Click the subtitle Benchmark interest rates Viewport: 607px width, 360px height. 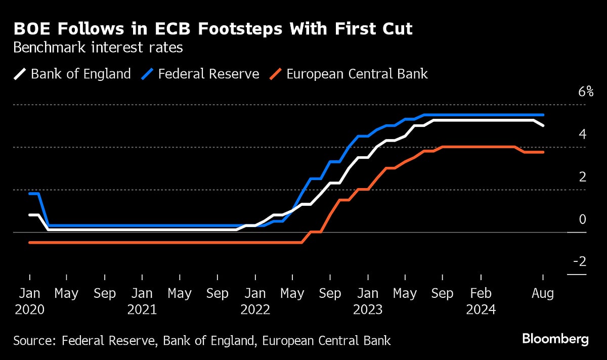pyautogui.click(x=98, y=49)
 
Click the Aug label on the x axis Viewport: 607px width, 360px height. pyautogui.click(x=543, y=293)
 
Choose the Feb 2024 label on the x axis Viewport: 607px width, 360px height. pyautogui.click(x=480, y=301)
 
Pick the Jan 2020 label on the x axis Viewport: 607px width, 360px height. pyautogui.click(x=29, y=301)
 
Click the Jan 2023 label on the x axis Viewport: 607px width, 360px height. pyautogui.click(x=368, y=301)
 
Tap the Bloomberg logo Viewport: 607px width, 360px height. pyautogui.click(x=555, y=339)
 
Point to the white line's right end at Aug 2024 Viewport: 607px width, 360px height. pyautogui.click(x=543, y=125)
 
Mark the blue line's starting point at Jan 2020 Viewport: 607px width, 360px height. pyautogui.click(x=30, y=194)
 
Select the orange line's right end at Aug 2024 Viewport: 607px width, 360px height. pyautogui.click(x=543, y=152)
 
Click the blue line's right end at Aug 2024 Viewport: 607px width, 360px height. pyautogui.click(x=543, y=115)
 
